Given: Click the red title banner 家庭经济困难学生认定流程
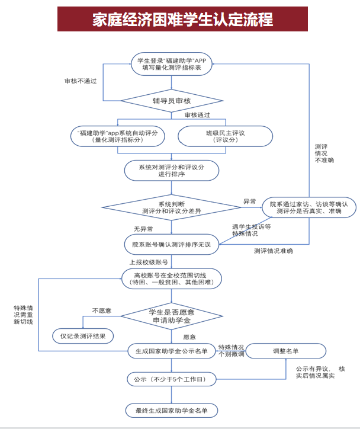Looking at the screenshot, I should click(x=182, y=20).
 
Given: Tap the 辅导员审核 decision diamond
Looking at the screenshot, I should click(x=171, y=100).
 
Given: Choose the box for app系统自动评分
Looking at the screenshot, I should click(x=118, y=136).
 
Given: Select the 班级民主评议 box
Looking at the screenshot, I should click(x=225, y=136).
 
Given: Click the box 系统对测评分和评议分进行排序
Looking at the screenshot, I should click(x=172, y=171).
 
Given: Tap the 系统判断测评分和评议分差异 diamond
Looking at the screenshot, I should click(x=172, y=207).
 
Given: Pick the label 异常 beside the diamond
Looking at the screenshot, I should click(x=250, y=201).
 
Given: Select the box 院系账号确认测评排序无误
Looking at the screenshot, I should click(x=172, y=244).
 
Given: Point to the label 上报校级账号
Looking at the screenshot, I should click(x=149, y=261).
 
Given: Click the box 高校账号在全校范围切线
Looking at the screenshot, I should click(x=172, y=278).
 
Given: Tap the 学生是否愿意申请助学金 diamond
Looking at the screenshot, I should click(x=172, y=316).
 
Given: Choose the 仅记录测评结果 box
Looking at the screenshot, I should click(x=83, y=336).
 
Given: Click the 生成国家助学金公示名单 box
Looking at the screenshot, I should click(x=172, y=351).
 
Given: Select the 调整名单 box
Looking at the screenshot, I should click(x=285, y=351).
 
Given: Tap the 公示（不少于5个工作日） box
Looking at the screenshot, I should click(x=172, y=378).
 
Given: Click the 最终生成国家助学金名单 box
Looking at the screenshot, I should click(x=172, y=410).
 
